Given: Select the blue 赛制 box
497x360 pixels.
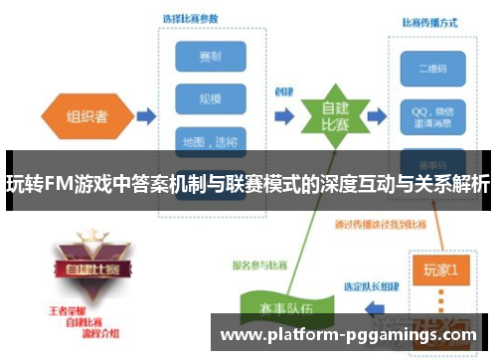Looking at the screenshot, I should pyautogui.click(x=210, y=58).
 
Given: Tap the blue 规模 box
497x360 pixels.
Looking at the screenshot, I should pyautogui.click(x=210, y=99).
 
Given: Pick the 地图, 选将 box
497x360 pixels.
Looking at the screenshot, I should pyautogui.click(x=210, y=140).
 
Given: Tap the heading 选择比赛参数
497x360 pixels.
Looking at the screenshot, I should pyautogui.click(x=192, y=19).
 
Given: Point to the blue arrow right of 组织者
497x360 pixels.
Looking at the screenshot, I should pyautogui.click(x=145, y=117).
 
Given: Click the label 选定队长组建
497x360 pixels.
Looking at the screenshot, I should pyautogui.click(x=372, y=285).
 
